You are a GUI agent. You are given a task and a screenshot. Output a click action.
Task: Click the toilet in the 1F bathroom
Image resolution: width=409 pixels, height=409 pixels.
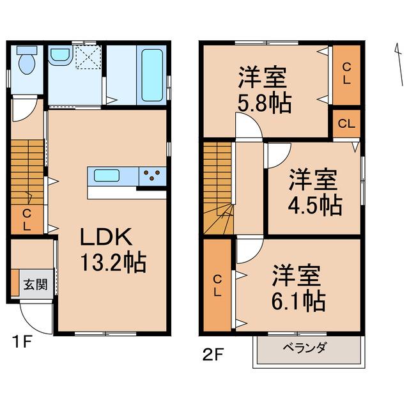(x=26, y=62)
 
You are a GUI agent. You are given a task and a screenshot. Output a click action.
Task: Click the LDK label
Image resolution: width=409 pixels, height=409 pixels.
(x=105, y=238)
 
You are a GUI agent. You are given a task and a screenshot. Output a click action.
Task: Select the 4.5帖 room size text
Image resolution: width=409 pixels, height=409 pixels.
(x=313, y=204)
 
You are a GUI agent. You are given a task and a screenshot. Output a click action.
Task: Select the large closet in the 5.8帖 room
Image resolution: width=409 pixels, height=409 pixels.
(x=346, y=74)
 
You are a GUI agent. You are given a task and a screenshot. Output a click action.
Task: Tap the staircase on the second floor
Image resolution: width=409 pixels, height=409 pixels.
(x=218, y=188)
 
